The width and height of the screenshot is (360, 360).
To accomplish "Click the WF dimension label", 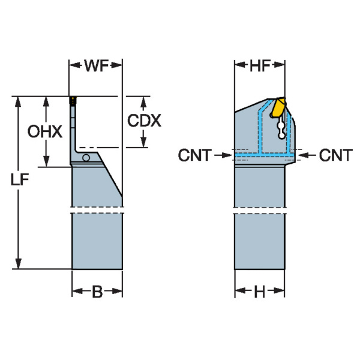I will pyautogui.click(x=96, y=66).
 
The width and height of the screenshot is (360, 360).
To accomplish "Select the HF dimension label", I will pyautogui.click(x=259, y=66).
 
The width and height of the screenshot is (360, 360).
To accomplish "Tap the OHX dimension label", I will pyautogui.click(x=45, y=131).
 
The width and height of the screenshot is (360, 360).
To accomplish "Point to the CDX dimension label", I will pyautogui.click(x=144, y=121).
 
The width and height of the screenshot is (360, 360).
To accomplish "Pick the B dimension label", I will pyautogui.click(x=97, y=293).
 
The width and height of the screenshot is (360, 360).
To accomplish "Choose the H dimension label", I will pyautogui.click(x=259, y=293).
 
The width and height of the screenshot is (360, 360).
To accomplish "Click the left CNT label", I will pyautogui.click(x=194, y=156).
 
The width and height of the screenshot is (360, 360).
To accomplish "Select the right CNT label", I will pyautogui.click(x=335, y=156).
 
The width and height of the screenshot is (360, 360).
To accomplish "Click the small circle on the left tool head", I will pyautogui.click(x=86, y=158).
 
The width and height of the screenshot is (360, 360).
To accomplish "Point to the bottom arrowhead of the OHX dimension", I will pyautogui.click(x=45, y=163).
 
